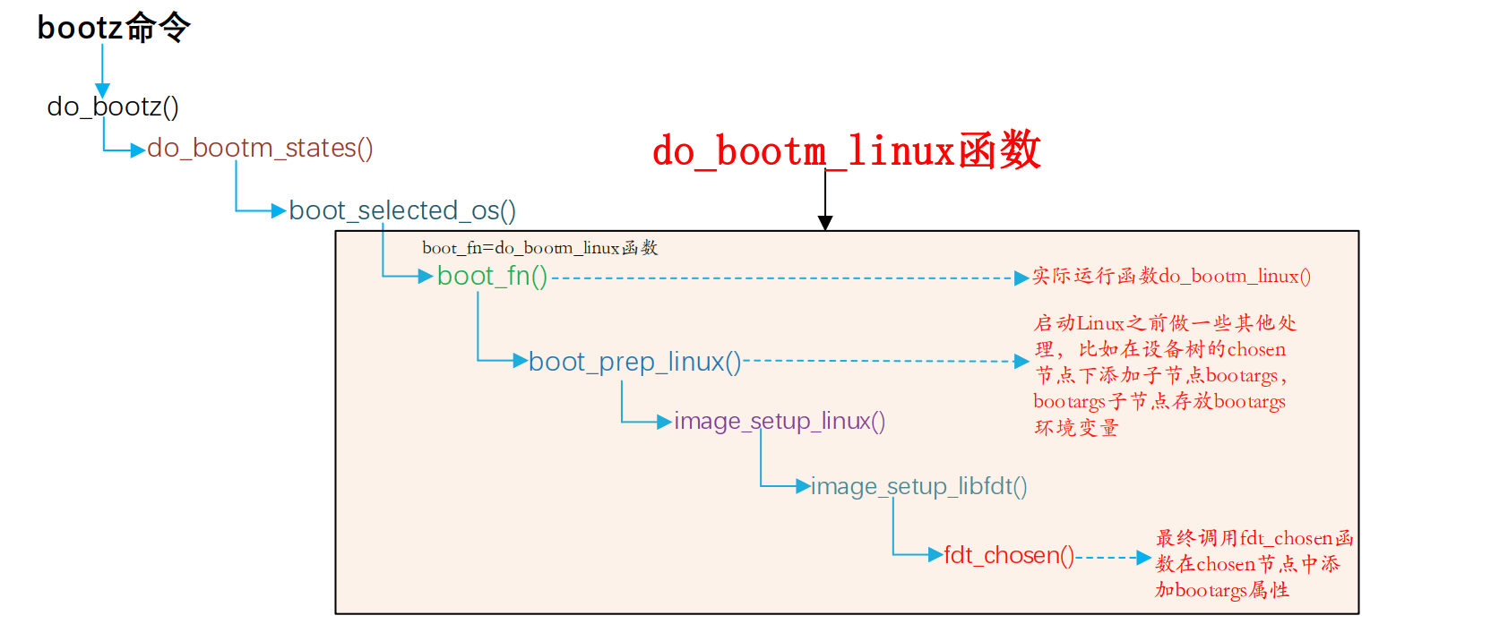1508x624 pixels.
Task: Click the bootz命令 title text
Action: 114,28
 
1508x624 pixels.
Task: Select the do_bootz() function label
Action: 113,107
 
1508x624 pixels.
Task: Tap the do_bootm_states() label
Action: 260,148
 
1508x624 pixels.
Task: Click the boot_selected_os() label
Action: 402,210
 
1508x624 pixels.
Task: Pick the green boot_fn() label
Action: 492,276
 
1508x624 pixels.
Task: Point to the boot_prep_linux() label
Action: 634,362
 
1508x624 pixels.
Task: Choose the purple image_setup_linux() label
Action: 780,421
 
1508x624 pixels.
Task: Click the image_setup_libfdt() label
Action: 918,486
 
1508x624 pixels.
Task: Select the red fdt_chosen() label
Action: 1009,555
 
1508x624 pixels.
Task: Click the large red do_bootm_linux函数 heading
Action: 846,150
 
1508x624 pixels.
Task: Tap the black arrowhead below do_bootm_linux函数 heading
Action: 825,223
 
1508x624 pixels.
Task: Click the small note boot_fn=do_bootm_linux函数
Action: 540,248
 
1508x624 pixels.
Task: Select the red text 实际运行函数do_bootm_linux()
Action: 1171,277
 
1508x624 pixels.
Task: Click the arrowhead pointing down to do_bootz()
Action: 102,90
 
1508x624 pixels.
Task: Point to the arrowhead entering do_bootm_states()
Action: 138,150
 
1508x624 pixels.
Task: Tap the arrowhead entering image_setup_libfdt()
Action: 803,486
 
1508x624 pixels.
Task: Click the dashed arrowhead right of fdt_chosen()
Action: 1143,558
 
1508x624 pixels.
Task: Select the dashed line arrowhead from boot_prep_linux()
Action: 1021,362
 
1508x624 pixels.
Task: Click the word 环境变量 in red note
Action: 1076,428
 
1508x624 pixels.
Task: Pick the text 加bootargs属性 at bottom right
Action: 1222,590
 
